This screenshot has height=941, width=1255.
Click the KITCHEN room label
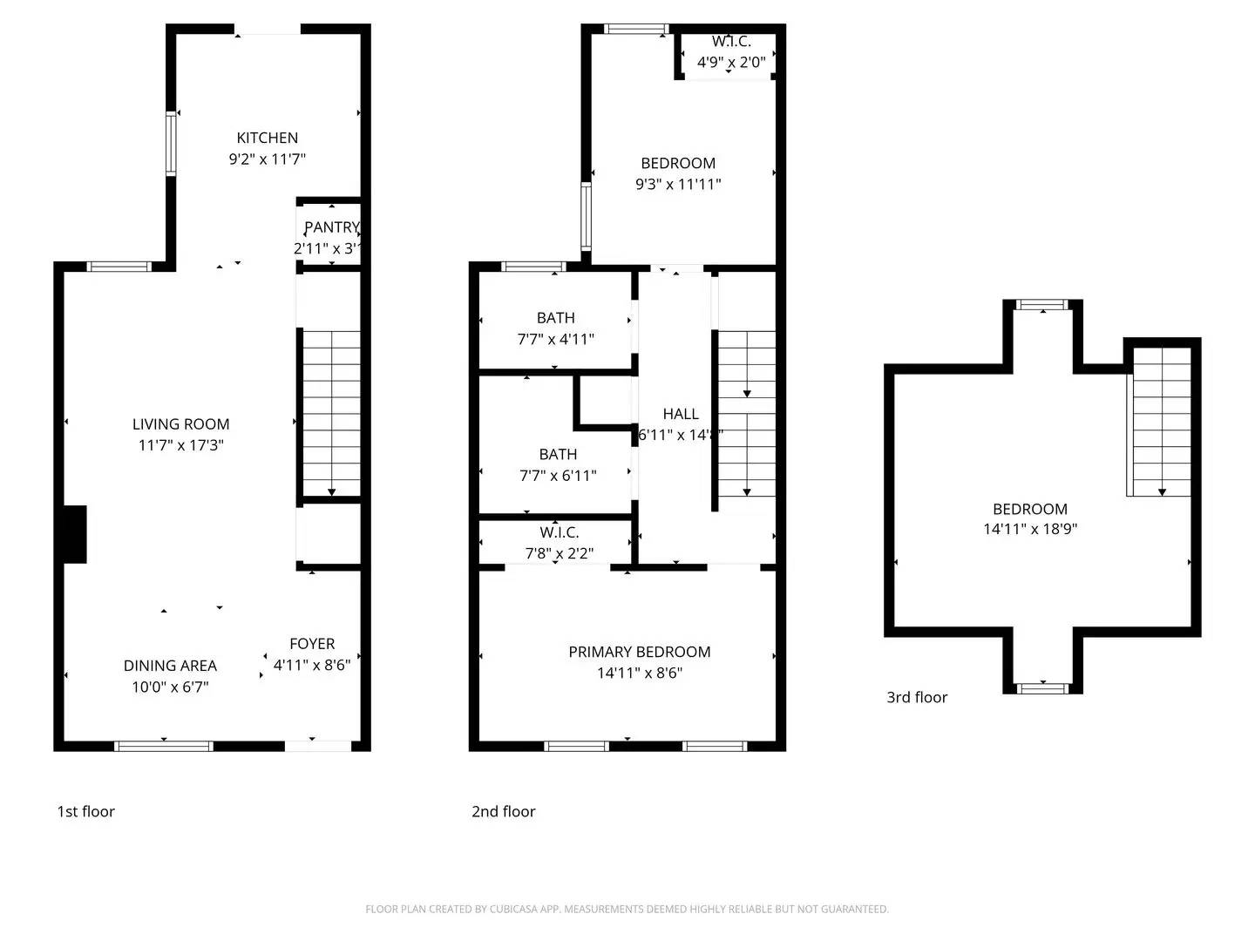(x=267, y=138)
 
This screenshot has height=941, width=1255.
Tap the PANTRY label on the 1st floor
(x=330, y=227)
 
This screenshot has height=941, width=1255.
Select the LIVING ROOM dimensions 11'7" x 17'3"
(x=181, y=445)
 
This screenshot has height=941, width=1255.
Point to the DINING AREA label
(x=170, y=666)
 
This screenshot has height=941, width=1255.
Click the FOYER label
(x=312, y=644)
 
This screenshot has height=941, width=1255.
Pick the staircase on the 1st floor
(x=330, y=413)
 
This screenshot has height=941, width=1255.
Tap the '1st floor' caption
(x=85, y=811)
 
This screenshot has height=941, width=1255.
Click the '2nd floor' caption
(x=503, y=811)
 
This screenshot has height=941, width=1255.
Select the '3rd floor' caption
(x=917, y=697)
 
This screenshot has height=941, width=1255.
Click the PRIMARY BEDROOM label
(x=639, y=652)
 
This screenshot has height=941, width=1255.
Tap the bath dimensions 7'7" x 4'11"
(x=555, y=339)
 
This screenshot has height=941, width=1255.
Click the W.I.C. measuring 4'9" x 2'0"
(x=730, y=52)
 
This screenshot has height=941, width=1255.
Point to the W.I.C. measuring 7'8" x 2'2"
(x=559, y=543)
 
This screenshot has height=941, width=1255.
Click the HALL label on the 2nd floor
(x=680, y=414)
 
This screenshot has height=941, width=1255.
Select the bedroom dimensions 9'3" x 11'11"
(x=678, y=184)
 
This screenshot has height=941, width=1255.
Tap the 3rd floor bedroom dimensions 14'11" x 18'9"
(x=1030, y=529)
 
